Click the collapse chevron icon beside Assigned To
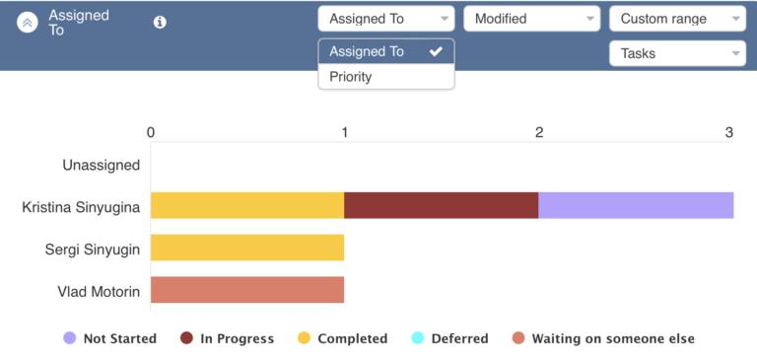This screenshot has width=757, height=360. click(x=28, y=23)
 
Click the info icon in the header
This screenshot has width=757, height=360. click(x=161, y=22)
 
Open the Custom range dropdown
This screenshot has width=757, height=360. click(x=677, y=19)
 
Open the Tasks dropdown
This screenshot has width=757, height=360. click(x=677, y=53)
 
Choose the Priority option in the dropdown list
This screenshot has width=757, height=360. click(x=351, y=76)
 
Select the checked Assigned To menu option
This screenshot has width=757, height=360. click(x=367, y=51)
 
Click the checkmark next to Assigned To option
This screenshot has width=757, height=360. click(x=436, y=51)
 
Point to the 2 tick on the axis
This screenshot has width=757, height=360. click(x=538, y=132)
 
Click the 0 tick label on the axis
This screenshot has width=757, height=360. click(x=150, y=132)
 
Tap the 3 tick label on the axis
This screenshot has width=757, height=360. click(x=729, y=132)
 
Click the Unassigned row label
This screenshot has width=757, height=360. click(x=101, y=165)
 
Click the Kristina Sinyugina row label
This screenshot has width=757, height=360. click(x=81, y=207)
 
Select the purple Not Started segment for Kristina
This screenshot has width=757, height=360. click(x=636, y=205)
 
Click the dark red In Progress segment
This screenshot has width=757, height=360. click(x=441, y=205)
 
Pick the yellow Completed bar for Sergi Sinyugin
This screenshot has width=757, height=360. click(x=246, y=248)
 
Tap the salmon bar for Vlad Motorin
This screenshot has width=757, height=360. click(x=246, y=290)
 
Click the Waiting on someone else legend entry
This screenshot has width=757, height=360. click(x=603, y=338)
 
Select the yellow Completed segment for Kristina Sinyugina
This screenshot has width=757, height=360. click(x=246, y=205)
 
